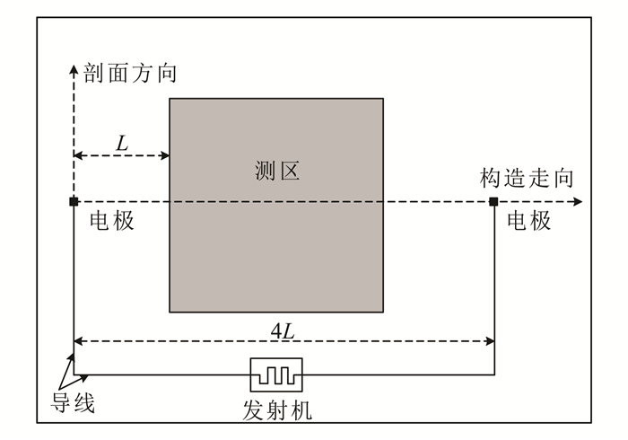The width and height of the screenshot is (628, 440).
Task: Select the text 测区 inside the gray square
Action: (x=276, y=171)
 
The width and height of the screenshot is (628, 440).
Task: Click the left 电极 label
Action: (x=112, y=221)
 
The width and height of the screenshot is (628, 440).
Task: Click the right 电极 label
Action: (x=529, y=221)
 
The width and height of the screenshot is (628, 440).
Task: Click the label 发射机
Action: (x=277, y=411)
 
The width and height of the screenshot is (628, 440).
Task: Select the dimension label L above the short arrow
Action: (x=121, y=141)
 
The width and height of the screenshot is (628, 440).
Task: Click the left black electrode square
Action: (x=74, y=201)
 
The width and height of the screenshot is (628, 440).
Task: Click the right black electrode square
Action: (x=493, y=201)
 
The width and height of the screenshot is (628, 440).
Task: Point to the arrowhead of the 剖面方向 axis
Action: (x=74, y=67)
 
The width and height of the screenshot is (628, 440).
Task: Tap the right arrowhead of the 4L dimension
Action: (x=489, y=341)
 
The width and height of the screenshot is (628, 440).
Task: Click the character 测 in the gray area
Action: (x=265, y=171)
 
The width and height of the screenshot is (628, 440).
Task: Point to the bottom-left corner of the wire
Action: (x=74, y=374)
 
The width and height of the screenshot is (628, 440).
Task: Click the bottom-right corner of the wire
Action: (x=493, y=374)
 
